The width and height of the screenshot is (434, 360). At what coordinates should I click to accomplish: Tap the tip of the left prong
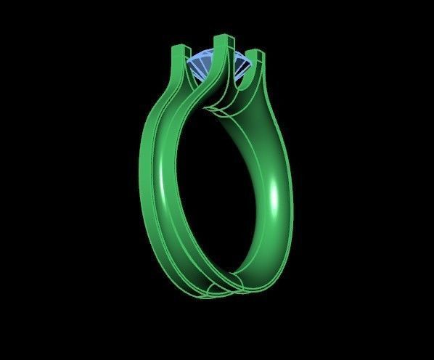(x=178, y=48)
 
